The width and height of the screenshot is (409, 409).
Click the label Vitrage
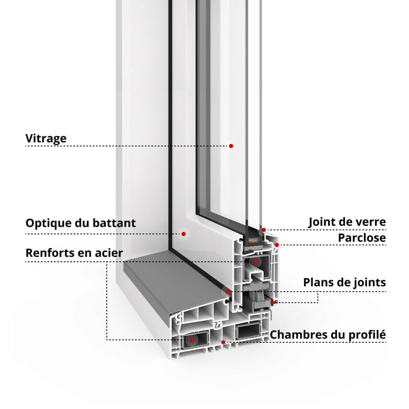(46, 138)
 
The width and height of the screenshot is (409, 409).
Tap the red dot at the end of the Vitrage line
(231, 146)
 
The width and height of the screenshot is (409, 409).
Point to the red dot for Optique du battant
(184, 234)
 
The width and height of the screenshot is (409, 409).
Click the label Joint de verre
(347, 222)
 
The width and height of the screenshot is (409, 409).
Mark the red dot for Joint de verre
(264, 230)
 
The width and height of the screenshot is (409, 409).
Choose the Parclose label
(362, 238)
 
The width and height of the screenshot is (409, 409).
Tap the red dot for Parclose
(277, 245)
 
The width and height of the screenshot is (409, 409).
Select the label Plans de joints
(344, 282)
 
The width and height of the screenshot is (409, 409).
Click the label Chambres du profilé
(328, 335)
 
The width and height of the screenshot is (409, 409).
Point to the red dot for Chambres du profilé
(223, 342)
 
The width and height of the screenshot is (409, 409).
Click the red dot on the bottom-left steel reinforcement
(191, 339)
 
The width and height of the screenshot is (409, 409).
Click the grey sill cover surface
(172, 282)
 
